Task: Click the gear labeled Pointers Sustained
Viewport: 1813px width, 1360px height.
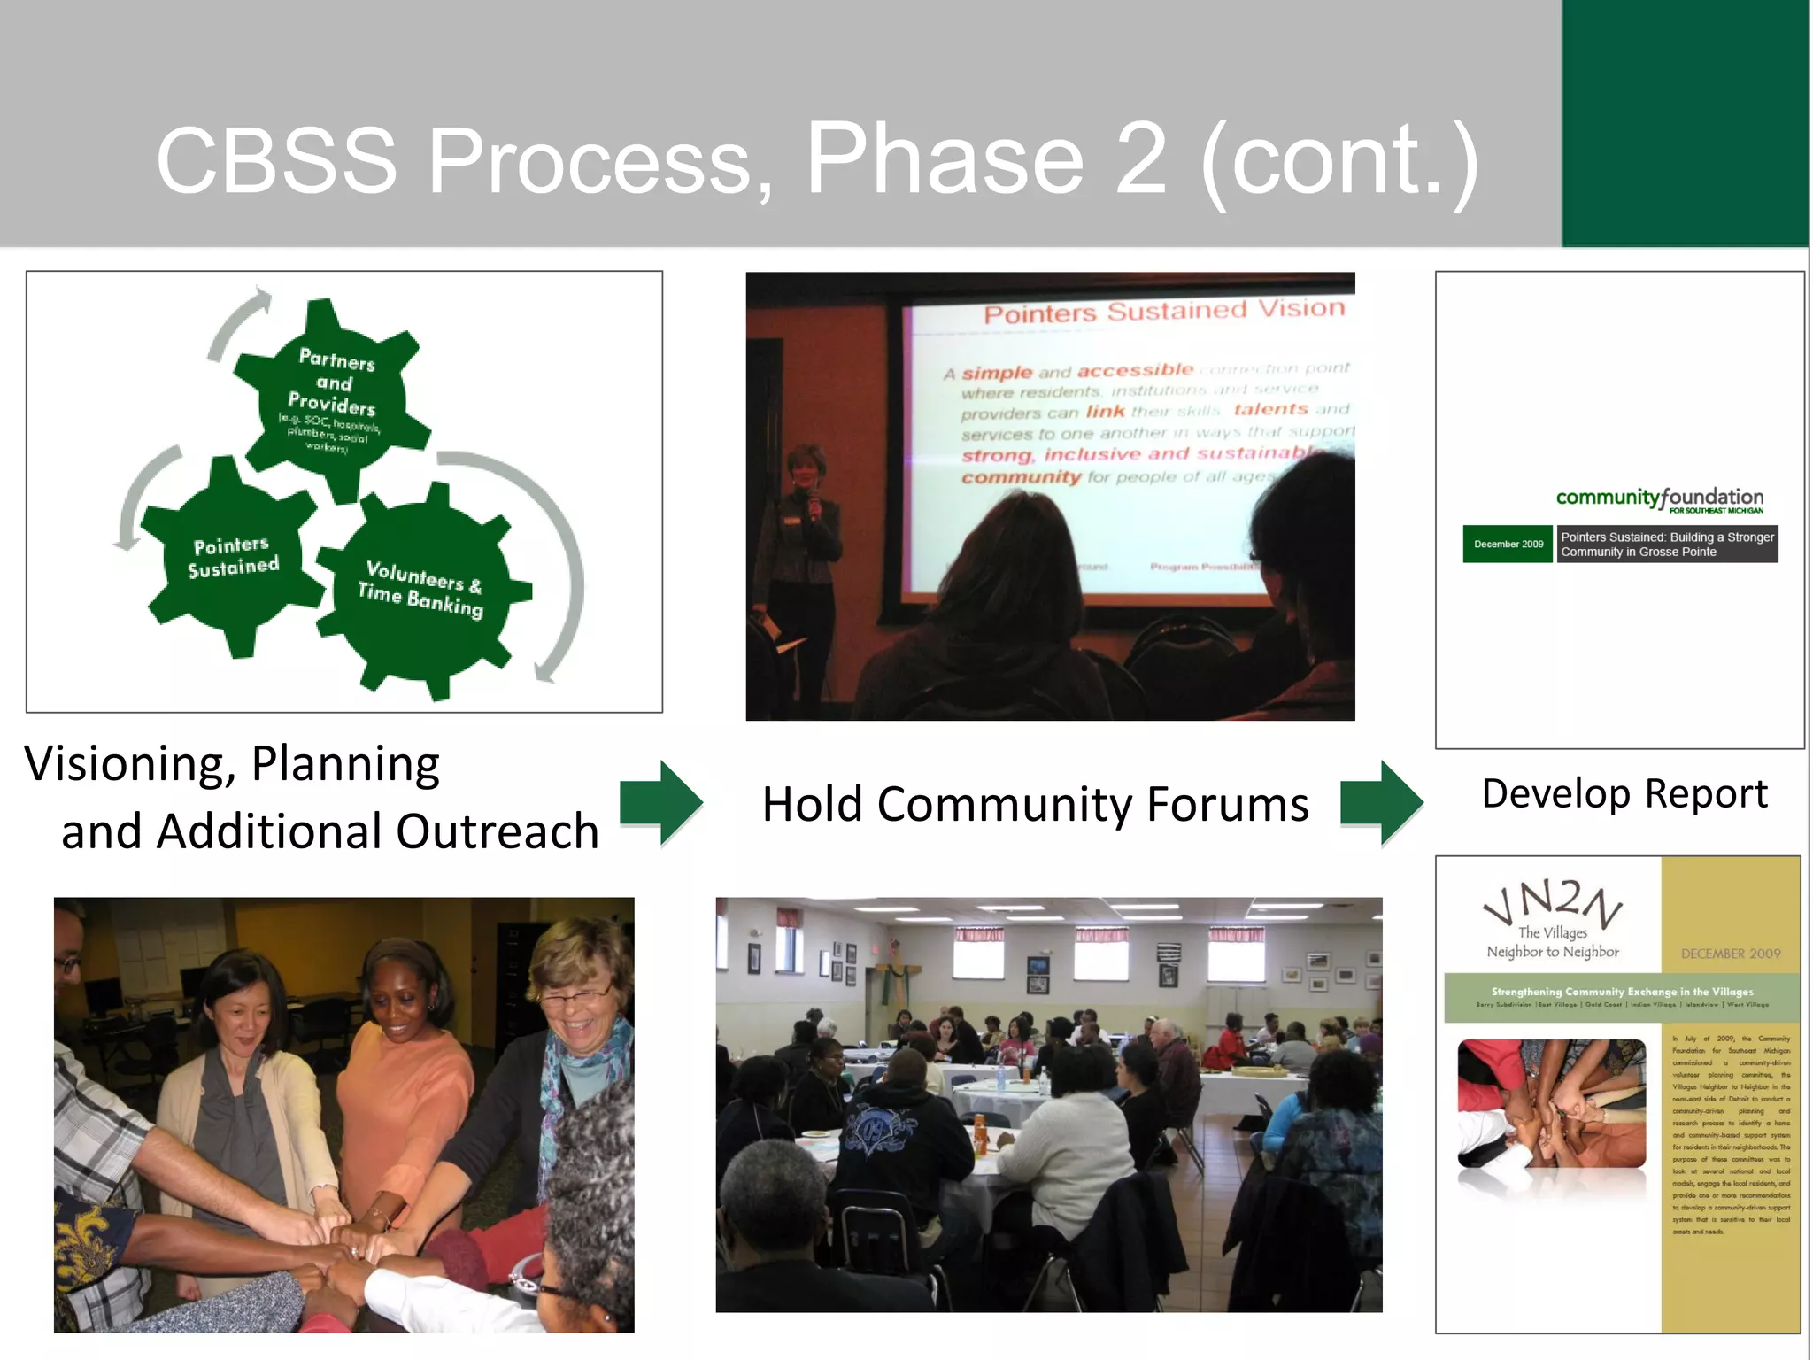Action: point(233,557)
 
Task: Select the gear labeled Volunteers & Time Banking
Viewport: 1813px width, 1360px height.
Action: point(421,589)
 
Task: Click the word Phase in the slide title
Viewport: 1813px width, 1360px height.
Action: point(944,159)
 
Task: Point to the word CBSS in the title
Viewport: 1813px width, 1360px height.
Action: point(276,161)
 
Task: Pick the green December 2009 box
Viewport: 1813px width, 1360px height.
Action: point(1508,544)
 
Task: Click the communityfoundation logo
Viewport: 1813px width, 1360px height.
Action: point(1659,498)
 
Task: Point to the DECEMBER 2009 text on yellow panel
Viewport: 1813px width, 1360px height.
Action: point(1730,954)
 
